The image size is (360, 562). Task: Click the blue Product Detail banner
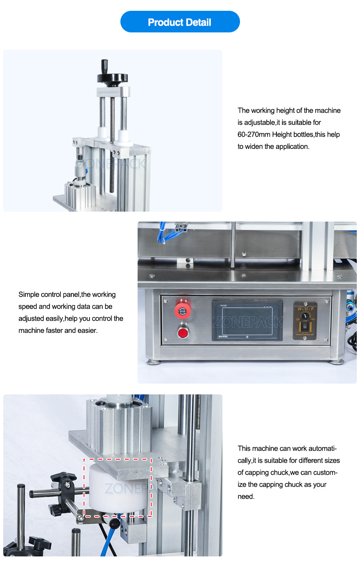coord(180,22)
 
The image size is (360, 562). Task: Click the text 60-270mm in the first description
coord(254,134)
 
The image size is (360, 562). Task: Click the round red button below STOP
coord(183,333)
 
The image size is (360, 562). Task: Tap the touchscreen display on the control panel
coord(247,321)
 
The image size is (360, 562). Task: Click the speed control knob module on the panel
coord(305,321)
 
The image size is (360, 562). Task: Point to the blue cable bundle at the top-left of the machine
coord(162,234)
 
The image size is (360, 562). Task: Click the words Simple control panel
coord(49,294)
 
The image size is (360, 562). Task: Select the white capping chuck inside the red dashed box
coord(116,488)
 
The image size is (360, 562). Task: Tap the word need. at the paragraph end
coord(246,496)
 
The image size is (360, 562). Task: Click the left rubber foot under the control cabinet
coord(154,362)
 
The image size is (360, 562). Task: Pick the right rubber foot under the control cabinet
coord(336,362)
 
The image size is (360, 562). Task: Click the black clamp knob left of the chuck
coord(64,480)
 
